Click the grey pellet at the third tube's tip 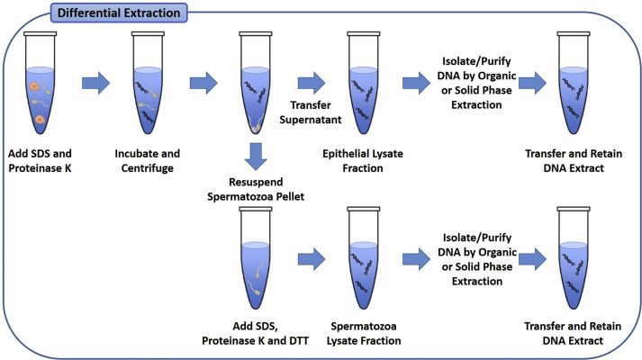[258, 129]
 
